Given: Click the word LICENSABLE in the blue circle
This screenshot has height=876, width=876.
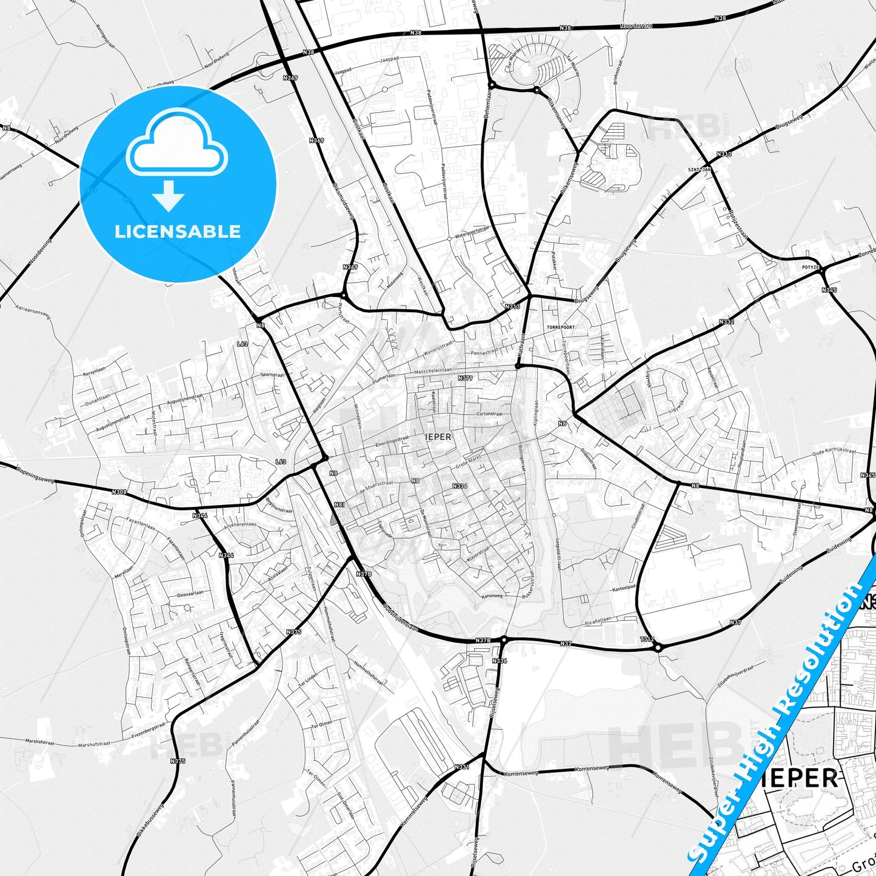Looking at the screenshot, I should (178, 232).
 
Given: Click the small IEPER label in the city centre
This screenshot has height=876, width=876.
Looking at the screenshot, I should (438, 436).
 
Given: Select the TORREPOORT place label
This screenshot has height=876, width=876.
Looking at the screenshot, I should (560, 327).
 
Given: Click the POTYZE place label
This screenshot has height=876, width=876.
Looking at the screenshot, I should (811, 267).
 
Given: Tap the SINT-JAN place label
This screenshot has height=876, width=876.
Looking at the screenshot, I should (699, 170).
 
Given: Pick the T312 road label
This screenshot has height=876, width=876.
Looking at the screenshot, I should (647, 639).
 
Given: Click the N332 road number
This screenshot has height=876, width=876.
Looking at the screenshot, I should (727, 322).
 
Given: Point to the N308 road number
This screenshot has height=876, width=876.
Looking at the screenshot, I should (119, 492).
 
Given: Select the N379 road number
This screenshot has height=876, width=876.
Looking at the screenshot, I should (465, 378).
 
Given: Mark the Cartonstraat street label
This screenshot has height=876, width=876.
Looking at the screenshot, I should (489, 414).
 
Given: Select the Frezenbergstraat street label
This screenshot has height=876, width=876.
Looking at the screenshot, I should (148, 730).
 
